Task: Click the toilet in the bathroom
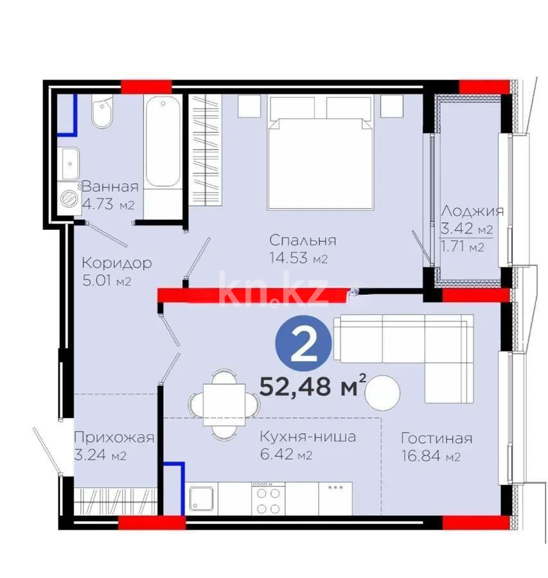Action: point(102,114)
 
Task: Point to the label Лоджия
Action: point(472,211)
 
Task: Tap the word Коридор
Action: point(116,263)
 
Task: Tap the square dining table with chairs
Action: point(221,405)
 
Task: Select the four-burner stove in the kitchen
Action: point(269,498)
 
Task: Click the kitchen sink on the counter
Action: point(202,498)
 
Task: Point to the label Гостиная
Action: point(436,439)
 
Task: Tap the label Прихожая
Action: point(114,438)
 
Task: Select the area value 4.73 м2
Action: point(107,206)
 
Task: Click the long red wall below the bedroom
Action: point(254,295)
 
